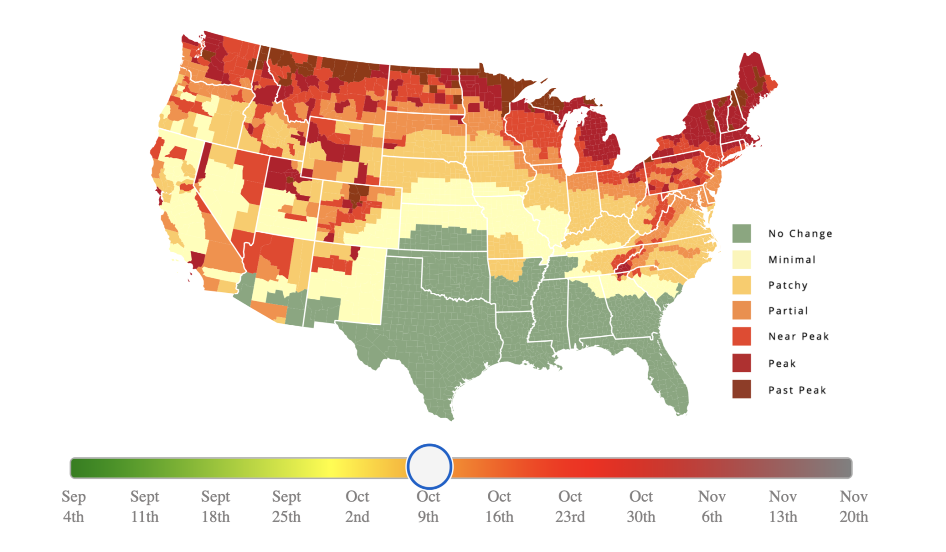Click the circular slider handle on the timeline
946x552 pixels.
[429, 467]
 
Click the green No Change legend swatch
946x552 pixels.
[741, 233]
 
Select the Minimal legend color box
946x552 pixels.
[741, 260]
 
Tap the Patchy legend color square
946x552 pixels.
[741, 285]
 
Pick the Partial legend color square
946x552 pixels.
[741, 310]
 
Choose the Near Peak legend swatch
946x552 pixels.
[741, 336]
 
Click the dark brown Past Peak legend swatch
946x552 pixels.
[741, 389]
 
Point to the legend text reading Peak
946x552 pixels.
[782, 364]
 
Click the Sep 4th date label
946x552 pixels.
[73, 506]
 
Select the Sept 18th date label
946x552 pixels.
[215, 506]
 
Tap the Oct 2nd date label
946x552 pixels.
[357, 506]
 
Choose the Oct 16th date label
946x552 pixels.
[499, 506]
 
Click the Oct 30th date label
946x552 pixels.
[641, 506]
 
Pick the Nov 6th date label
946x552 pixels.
[712, 506]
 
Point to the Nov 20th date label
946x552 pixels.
[854, 506]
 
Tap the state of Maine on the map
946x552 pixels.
[751, 88]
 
